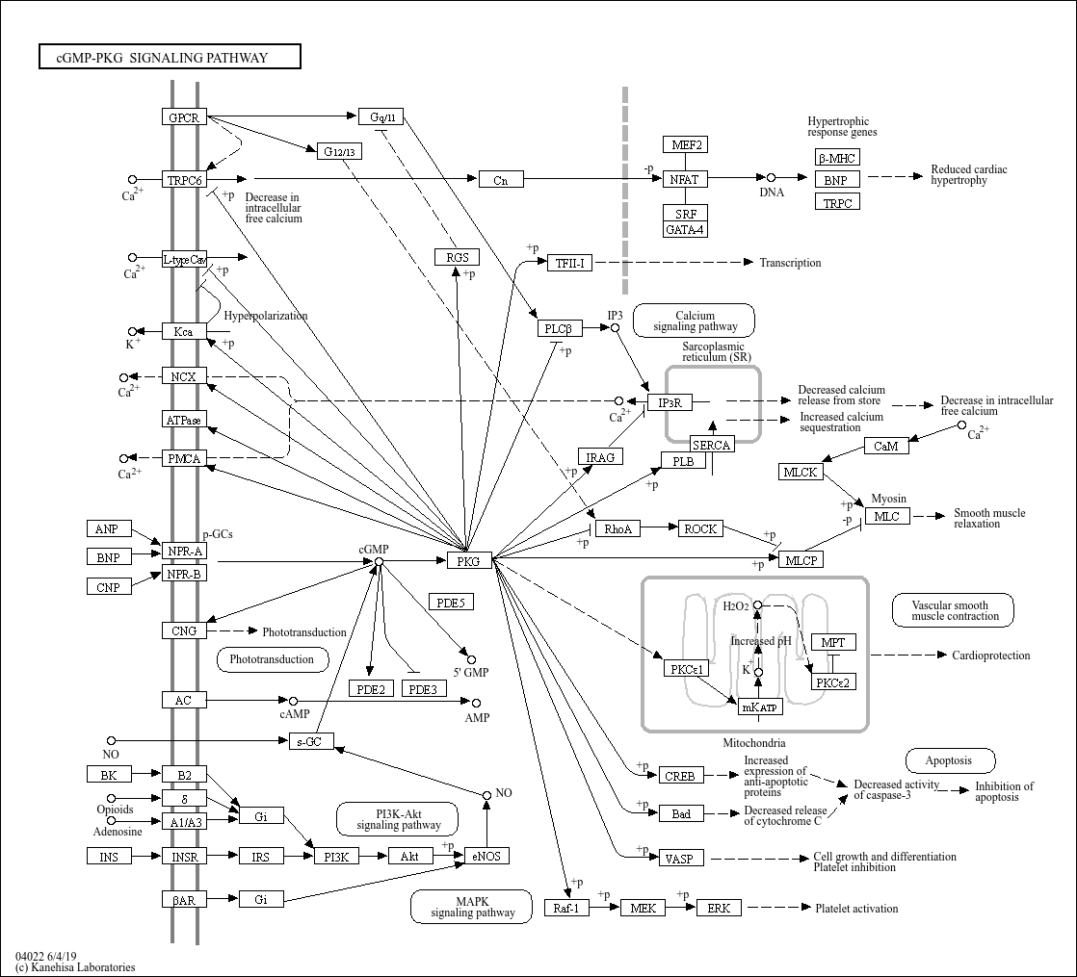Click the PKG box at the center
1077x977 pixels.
pos(469,560)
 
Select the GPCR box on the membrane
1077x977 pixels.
pos(184,117)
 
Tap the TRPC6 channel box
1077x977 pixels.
pos(184,180)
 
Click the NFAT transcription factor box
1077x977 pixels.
pos(685,179)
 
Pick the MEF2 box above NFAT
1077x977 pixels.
pos(685,145)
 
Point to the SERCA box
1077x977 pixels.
pos(712,444)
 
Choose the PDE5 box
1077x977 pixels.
pos(450,603)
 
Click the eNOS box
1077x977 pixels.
pos(486,856)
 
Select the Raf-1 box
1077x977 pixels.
pos(566,908)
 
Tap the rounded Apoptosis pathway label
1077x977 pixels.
pos(948,760)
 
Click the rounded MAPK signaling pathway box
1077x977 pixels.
pos(472,907)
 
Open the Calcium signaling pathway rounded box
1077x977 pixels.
pos(694,321)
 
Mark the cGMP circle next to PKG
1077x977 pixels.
pos(379,561)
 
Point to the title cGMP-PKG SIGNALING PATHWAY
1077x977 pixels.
pos(170,58)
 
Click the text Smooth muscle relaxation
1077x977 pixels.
pos(988,518)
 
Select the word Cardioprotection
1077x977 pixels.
pos(990,656)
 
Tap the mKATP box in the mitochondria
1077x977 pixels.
pos(759,707)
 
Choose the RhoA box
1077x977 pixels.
pos(617,528)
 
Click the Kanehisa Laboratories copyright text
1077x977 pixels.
pos(75,967)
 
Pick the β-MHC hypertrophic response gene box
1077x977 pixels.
pos(836,158)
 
